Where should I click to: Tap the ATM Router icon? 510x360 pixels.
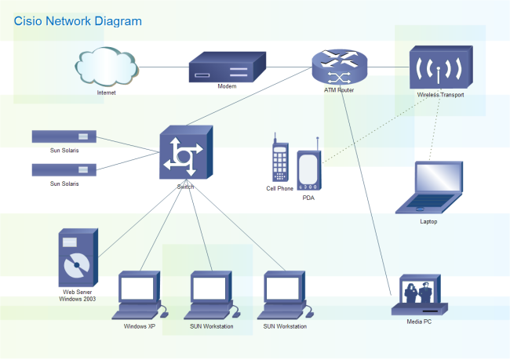[x=339, y=67]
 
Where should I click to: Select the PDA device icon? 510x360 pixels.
[x=308, y=169]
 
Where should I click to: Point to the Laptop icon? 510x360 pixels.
[x=428, y=188]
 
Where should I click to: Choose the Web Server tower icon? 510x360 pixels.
[x=78, y=258]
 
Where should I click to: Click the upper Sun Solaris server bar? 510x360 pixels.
[x=64, y=136]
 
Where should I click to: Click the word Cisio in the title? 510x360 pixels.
[x=28, y=21]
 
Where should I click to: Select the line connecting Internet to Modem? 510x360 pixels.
[x=163, y=67]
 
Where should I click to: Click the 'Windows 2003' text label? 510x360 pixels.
[x=78, y=300]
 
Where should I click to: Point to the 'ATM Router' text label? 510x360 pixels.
[x=339, y=90]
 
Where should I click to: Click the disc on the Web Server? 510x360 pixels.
[x=76, y=264]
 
